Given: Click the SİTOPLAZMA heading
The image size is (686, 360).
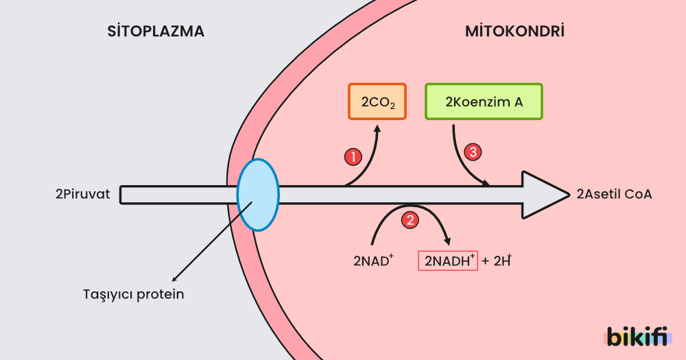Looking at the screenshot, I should click(156, 32).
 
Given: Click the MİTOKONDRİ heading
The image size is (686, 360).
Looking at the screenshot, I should click(514, 32).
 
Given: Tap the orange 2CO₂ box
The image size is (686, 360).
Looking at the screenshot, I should click(377, 102).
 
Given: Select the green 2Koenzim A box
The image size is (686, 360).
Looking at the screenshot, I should click(484, 102).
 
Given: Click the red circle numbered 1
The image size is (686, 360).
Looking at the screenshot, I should click(352, 157).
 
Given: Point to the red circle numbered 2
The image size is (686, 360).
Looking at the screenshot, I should click(410, 220).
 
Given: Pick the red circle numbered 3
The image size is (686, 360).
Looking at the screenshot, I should click(473, 152).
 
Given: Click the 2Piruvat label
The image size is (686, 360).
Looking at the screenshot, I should click(82, 194).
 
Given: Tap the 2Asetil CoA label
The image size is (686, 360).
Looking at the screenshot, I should click(614, 194).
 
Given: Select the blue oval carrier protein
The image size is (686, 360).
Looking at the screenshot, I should click(258, 194).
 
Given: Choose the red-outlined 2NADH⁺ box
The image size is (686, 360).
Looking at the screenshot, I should click(448, 261).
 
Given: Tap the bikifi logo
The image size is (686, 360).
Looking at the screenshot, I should click(635, 336).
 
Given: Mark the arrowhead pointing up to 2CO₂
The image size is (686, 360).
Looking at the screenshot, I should click(377, 128).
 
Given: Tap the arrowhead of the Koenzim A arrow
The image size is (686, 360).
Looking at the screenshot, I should click(486, 183).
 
